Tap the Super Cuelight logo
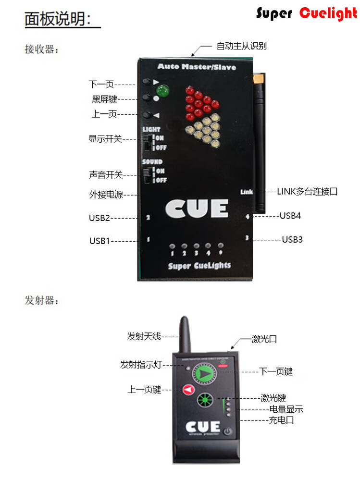click(x=307, y=13)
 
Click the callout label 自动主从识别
click(x=241, y=46)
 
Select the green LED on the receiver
click(x=163, y=90)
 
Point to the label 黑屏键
click(x=104, y=99)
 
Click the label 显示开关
click(x=105, y=139)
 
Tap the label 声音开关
click(x=105, y=175)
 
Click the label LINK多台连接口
click(x=307, y=191)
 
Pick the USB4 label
click(x=290, y=216)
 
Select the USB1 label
click(x=100, y=241)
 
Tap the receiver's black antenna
click(x=260, y=144)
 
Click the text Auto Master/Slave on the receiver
click(x=197, y=67)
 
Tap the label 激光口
click(x=264, y=339)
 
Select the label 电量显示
click(x=286, y=409)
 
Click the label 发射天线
click(x=144, y=336)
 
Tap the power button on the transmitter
click(x=227, y=431)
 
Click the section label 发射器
click(x=41, y=301)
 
